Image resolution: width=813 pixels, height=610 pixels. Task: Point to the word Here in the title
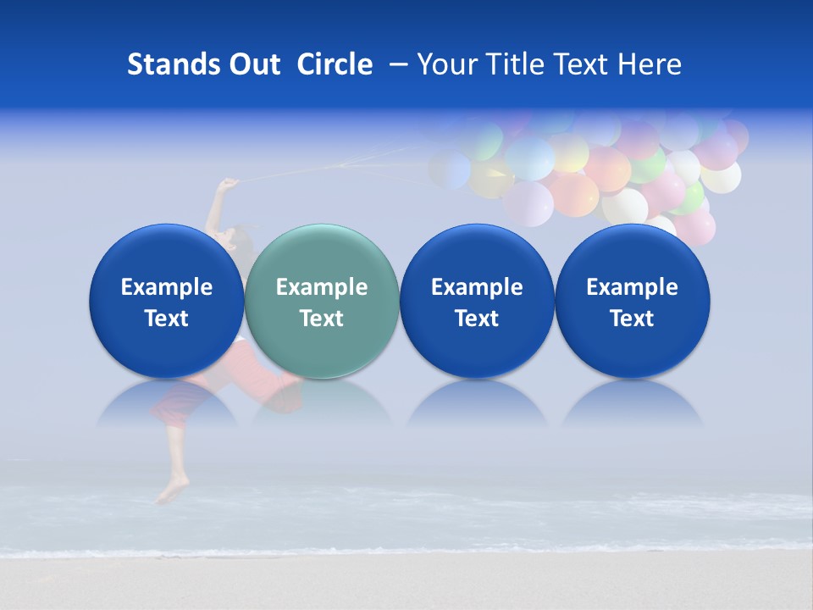[650, 64]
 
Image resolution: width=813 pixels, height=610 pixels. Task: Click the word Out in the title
[253, 64]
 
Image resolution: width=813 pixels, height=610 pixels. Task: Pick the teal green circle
[322, 301]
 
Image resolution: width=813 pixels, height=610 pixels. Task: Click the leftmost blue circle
[167, 301]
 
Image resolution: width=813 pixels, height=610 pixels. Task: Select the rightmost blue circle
[633, 301]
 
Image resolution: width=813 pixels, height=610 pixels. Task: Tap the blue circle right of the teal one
[477, 301]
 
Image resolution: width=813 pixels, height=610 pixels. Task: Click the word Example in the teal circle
[322, 287]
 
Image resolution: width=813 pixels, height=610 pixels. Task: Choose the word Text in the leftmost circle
[167, 319]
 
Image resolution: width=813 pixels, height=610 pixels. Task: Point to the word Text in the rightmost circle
[633, 319]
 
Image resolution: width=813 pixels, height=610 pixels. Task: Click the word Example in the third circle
[477, 287]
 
